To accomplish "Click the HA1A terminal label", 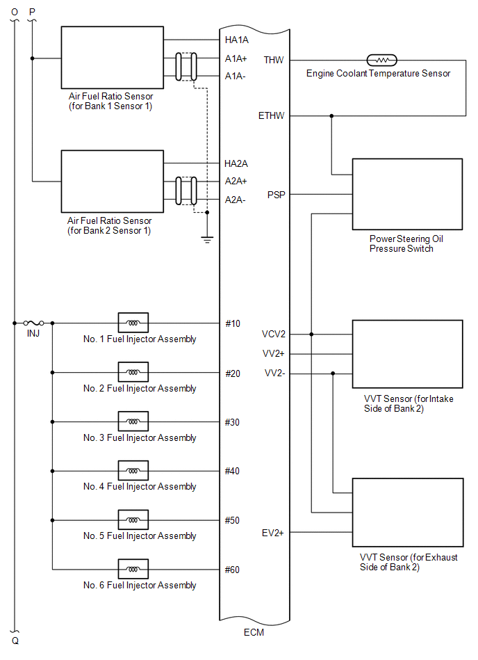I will click(236, 40).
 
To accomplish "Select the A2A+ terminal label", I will click(236, 181).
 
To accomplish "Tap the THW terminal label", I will click(273, 61).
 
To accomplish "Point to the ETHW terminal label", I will click(271, 115).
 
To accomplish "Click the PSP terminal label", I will click(276, 195).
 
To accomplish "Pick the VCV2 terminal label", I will click(274, 335).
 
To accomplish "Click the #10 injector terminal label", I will click(232, 323).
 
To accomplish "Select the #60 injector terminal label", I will click(232, 570).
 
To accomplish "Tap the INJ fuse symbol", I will click(33, 323).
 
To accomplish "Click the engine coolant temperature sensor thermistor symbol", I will click(381, 61).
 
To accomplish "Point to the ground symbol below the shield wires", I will click(206, 239).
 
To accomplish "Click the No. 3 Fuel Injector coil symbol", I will click(133, 421).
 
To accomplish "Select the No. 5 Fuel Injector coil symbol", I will click(133, 520).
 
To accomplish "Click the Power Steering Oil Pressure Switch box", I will click(407, 194).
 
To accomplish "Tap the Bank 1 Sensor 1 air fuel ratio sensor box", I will click(113, 58).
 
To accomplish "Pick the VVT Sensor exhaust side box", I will click(407, 513).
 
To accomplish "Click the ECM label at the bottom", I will click(254, 632).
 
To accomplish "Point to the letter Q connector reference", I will click(15, 641).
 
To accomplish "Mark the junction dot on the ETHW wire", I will click(331, 115).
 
